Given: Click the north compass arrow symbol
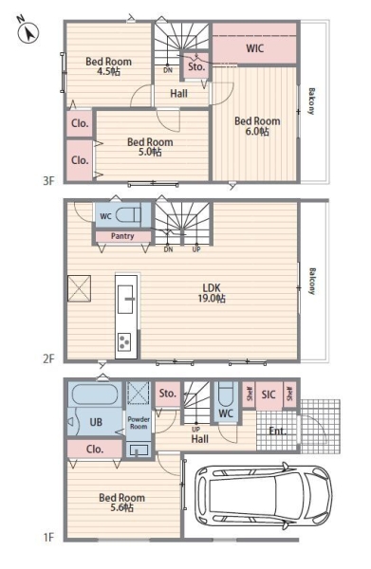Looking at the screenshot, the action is [x=28, y=33].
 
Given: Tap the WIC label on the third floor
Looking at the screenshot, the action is [x=254, y=48].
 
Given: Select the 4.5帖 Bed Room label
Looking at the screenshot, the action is [x=108, y=66].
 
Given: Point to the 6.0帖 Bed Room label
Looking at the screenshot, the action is [x=257, y=126].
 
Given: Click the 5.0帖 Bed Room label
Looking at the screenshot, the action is [x=150, y=147].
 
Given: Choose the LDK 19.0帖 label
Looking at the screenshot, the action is [x=212, y=293].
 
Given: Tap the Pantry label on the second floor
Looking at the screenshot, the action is [x=122, y=236].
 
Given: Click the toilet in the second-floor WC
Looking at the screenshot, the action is [x=128, y=216].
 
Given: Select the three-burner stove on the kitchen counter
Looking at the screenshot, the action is [x=123, y=342].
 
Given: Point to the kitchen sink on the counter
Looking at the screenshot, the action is [x=125, y=299].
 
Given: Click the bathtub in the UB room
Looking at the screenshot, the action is [x=95, y=395].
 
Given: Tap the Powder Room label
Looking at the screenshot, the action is [x=139, y=423].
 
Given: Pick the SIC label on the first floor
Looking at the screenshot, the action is [x=269, y=395].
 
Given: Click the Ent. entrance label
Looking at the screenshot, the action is [x=277, y=431].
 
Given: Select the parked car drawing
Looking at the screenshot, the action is [x=264, y=495].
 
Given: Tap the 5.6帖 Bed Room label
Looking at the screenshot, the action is [x=121, y=503].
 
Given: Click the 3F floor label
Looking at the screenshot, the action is [x=48, y=180].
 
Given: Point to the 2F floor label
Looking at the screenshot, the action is [x=48, y=358].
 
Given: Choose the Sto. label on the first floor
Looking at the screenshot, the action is [x=168, y=393].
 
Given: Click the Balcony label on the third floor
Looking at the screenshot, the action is [x=311, y=101].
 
